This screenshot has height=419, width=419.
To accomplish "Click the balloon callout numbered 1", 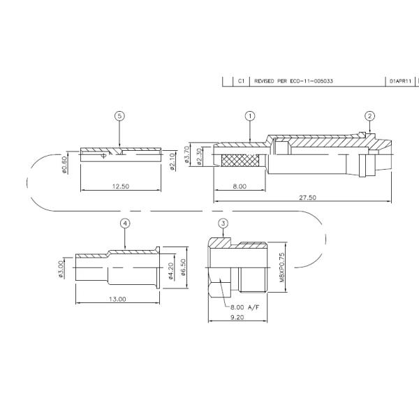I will click(249, 116).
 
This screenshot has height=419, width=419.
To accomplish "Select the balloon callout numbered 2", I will click(370, 116).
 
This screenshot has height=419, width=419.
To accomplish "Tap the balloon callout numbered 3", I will click(223, 223).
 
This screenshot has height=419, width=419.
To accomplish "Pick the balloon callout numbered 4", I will click(125, 223).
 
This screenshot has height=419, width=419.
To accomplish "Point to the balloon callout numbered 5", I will click(119, 116).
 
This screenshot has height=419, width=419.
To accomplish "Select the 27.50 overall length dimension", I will click(307, 198).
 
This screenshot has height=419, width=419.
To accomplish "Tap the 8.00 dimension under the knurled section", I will click(240, 186).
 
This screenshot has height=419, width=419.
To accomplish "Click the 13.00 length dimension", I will click(117, 299).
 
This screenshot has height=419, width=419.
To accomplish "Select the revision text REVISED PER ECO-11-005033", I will click(293, 81).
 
